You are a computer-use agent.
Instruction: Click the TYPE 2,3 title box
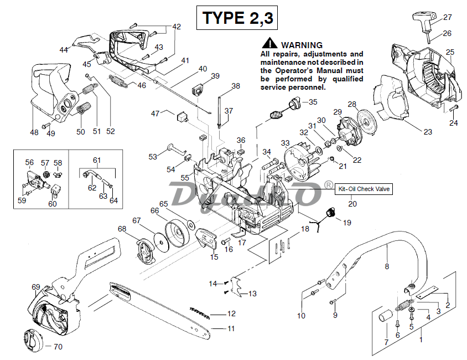(x=237, y=18)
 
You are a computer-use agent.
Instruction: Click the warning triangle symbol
(x=269, y=43)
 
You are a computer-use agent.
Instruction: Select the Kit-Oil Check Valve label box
(x=364, y=189)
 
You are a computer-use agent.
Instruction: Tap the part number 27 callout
(x=448, y=17)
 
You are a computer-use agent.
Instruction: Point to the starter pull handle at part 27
(x=424, y=22)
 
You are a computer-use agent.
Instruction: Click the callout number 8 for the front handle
(x=387, y=266)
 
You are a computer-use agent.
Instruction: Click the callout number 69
(x=36, y=287)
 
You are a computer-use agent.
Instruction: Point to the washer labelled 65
(x=190, y=224)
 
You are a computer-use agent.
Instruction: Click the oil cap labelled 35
(x=294, y=102)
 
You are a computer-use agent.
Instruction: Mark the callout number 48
(x=34, y=132)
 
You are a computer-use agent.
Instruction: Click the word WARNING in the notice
(x=302, y=45)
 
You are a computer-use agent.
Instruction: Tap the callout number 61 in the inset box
(x=97, y=160)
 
